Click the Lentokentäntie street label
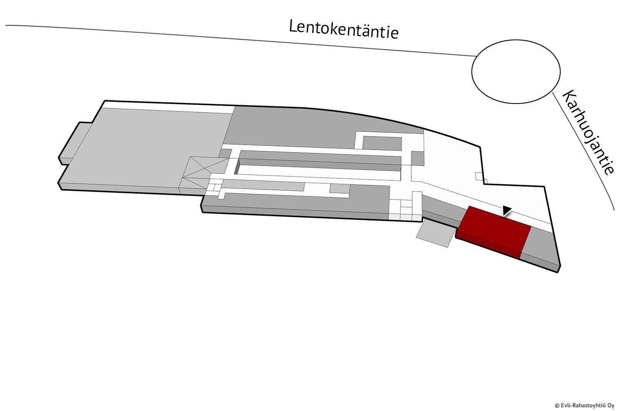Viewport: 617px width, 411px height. tap(344, 30)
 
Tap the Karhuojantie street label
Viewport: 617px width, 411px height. tap(588, 132)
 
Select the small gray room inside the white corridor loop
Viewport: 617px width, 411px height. tap(382, 143)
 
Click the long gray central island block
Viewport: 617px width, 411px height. tap(318, 162)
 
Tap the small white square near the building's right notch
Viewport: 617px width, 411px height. tap(480, 176)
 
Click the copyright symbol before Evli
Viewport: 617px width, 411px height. tap(556, 406)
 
